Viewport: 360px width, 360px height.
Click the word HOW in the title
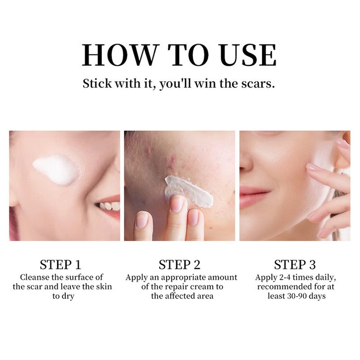[118, 55]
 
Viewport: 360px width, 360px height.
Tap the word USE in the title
[248, 55]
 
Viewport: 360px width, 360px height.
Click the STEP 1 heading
[61, 265]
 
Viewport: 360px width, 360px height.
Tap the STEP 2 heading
[180, 265]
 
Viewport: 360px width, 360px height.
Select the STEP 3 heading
[295, 265]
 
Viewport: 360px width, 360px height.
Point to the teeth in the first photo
[108, 205]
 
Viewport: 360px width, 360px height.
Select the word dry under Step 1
[68, 297]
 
